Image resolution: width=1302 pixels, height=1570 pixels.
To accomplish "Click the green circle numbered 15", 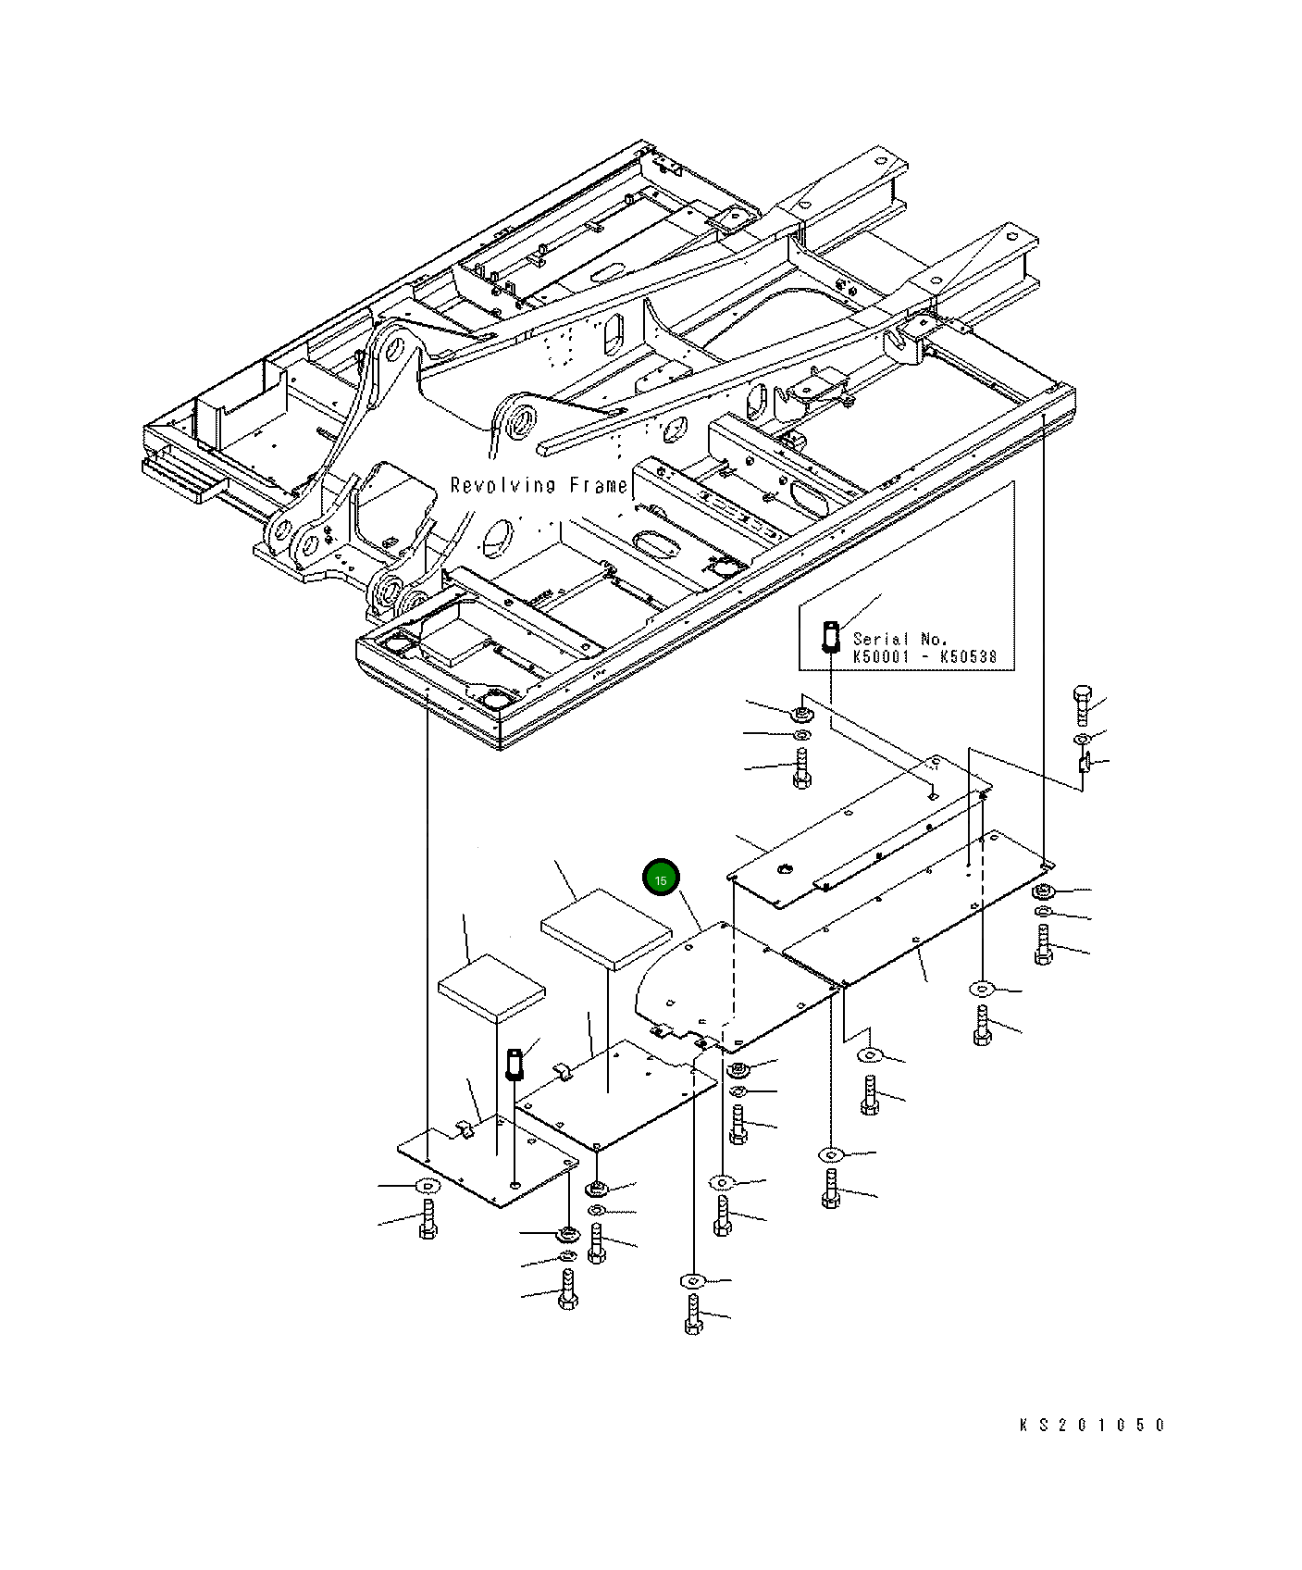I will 662,879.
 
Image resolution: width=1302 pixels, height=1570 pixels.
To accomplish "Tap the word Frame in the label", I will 598,485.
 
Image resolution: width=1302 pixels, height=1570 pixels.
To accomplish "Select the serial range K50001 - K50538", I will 924,657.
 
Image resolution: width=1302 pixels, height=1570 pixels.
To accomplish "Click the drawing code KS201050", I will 1092,1425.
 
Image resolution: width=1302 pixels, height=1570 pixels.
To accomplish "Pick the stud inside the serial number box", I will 830,637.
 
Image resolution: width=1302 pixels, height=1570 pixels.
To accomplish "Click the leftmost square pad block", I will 491,991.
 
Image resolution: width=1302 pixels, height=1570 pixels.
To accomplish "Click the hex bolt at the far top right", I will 1082,705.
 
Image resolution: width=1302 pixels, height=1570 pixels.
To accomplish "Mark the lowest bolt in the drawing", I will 694,1315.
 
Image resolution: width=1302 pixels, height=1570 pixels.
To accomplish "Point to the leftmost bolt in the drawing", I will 428,1220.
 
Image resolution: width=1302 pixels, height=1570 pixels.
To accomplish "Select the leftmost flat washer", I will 427,1186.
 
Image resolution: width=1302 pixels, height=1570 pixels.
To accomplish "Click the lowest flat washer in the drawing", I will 692,1281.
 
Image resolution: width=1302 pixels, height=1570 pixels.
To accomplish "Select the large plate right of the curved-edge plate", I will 916,907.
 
